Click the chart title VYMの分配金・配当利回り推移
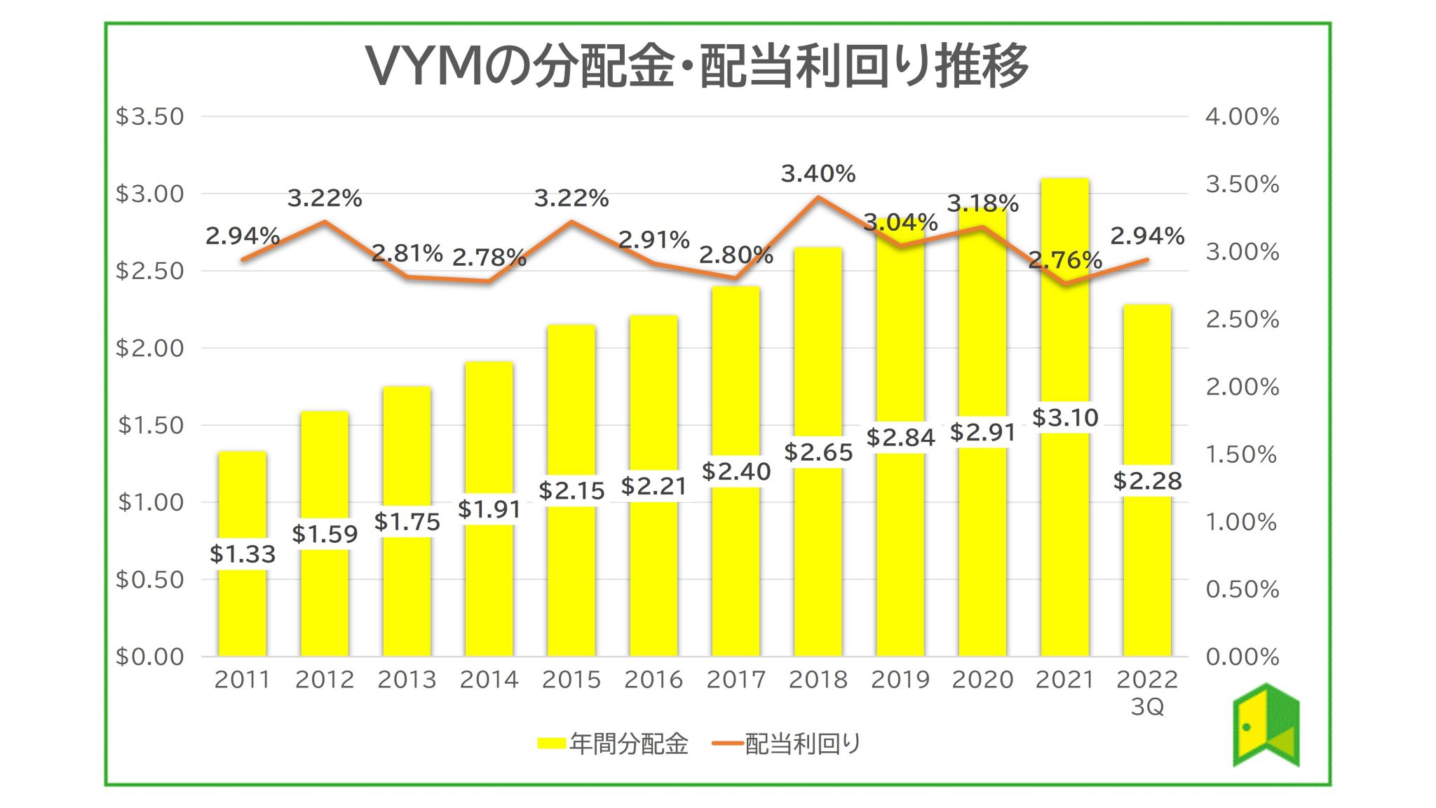click(697, 66)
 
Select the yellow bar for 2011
click(242, 610)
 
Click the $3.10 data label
click(1064, 417)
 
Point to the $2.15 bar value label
click(571, 490)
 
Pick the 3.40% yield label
click(818, 173)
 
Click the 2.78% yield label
click(489, 257)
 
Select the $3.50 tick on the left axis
click(149, 116)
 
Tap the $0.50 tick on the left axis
click(149, 579)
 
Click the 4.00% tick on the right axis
click(1242, 116)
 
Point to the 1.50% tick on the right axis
click(1242, 454)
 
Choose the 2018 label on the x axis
click(818, 679)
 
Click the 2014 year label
click(489, 679)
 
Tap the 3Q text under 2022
click(1147, 706)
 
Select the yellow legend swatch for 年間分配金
click(551, 743)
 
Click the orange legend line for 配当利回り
click(727, 743)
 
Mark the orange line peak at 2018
click(818, 197)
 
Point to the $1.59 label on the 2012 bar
click(325, 534)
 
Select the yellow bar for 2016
click(653, 575)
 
